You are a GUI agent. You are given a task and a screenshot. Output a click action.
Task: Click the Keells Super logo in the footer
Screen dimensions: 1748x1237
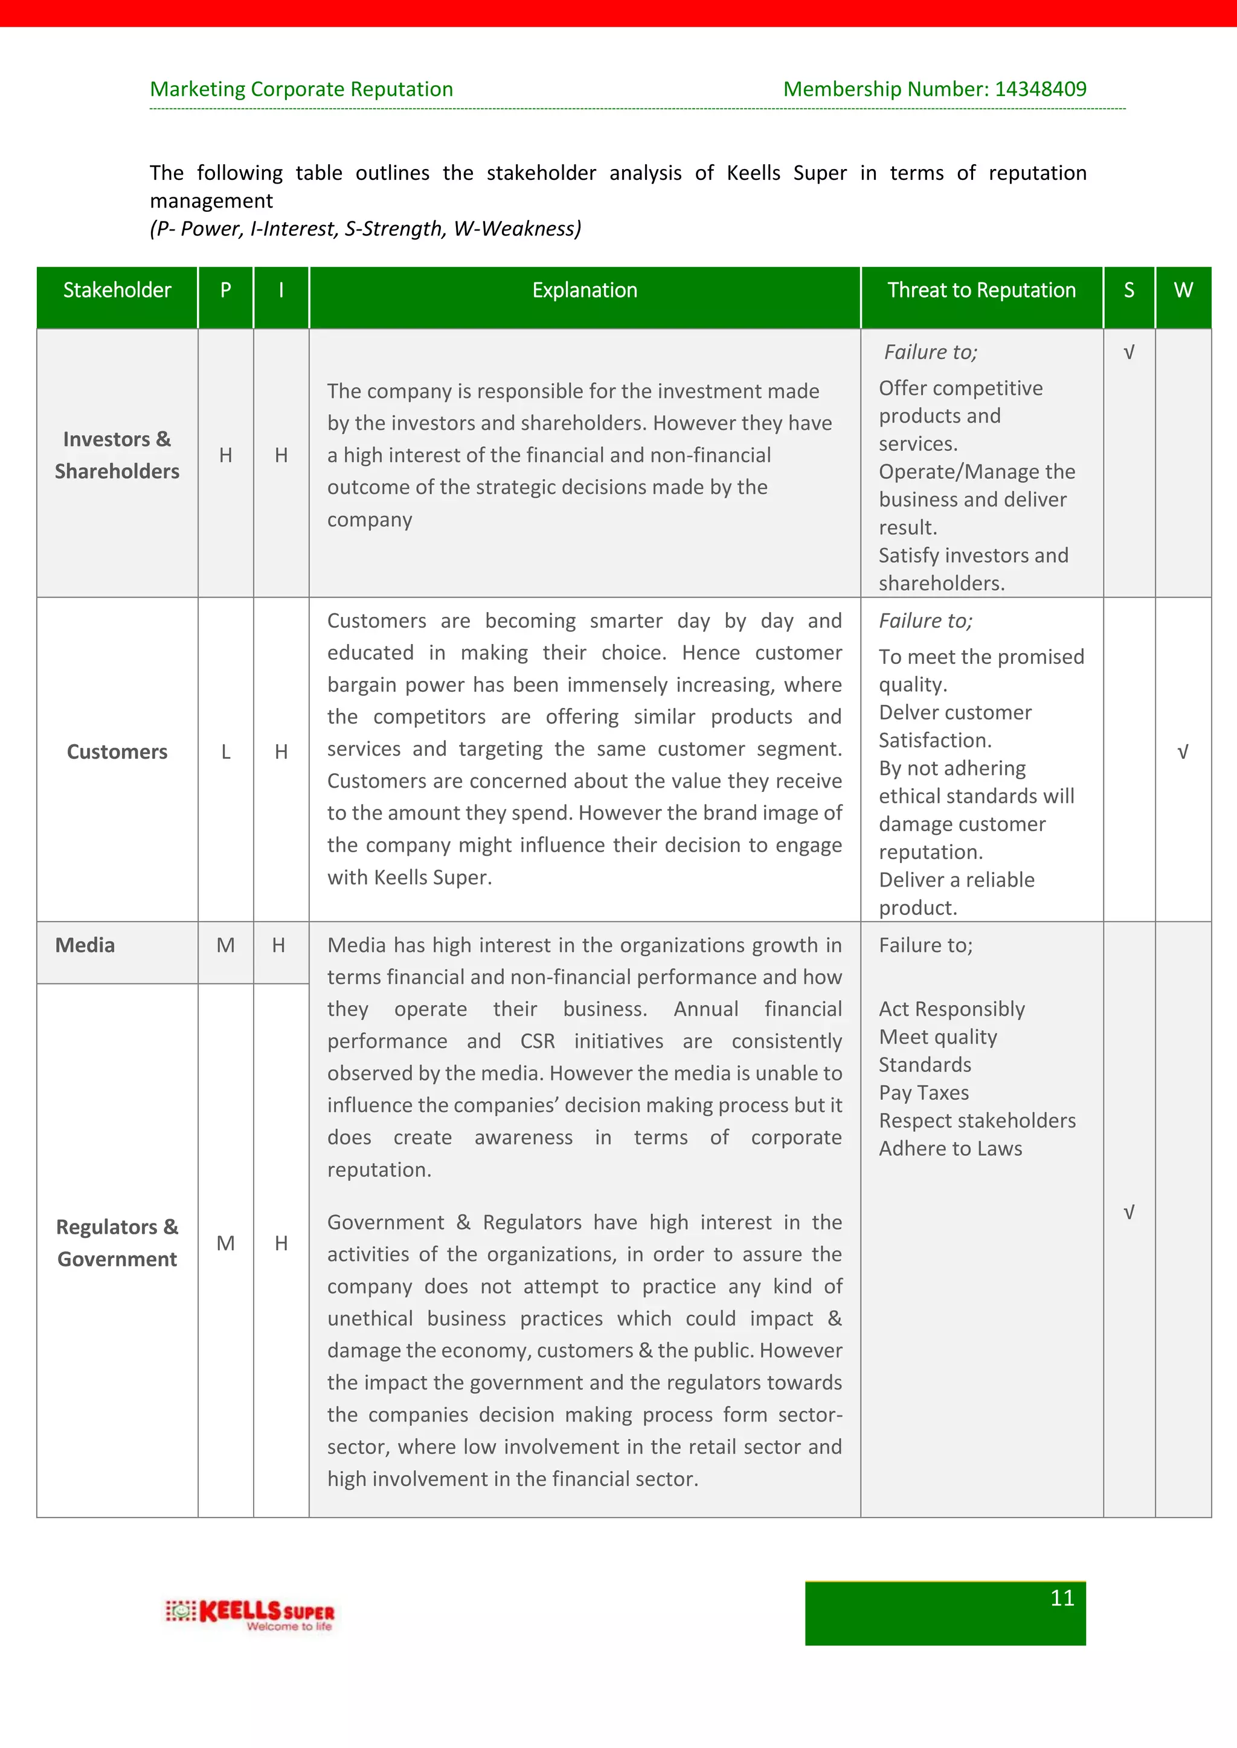click(x=250, y=1614)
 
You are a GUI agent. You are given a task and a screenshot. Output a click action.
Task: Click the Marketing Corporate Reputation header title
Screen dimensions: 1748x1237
click(x=301, y=89)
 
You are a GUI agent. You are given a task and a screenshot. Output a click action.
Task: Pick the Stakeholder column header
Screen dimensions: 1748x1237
click(x=117, y=290)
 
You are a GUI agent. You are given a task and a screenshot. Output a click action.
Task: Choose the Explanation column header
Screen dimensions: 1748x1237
click(x=584, y=290)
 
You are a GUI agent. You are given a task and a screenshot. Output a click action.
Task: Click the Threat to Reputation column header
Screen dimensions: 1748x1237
click(x=981, y=290)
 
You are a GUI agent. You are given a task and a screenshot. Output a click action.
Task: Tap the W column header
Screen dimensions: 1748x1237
click(x=1183, y=290)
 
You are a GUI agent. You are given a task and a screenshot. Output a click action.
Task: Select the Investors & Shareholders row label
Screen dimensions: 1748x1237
click(x=117, y=455)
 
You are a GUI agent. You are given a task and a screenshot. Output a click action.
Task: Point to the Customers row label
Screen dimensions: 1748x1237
click(x=117, y=751)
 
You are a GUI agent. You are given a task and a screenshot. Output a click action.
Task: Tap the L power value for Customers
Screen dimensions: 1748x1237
click(x=225, y=751)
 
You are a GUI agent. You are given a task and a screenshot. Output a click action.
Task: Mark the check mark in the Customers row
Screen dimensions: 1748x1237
click(x=1182, y=752)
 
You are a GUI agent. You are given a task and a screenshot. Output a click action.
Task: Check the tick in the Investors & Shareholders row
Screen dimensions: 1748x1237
click(x=1129, y=352)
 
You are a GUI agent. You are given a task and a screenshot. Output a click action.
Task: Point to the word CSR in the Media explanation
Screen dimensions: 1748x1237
click(x=537, y=1041)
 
